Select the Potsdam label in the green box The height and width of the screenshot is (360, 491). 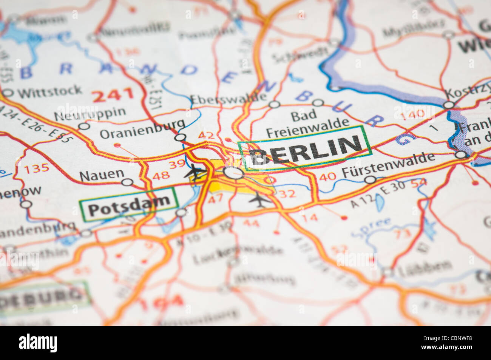click(128, 204)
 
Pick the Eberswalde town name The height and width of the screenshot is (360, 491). click(229, 98)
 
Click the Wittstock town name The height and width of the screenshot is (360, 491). click(49, 91)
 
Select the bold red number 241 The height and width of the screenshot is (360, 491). click(113, 95)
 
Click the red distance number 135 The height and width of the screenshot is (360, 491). click(37, 168)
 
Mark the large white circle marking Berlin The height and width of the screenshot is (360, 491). click(233, 173)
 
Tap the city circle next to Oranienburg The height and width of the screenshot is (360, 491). click(181, 137)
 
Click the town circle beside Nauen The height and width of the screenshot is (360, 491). click(128, 182)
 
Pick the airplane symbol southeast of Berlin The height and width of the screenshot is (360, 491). click(259, 199)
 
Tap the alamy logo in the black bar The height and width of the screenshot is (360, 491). click(38, 343)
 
